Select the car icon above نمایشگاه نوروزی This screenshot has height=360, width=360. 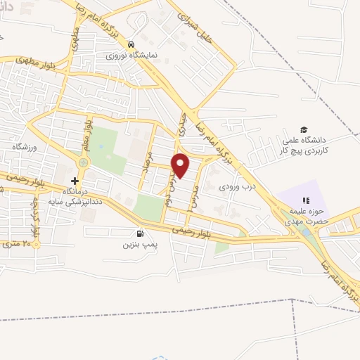[131, 43]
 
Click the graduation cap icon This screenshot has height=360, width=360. [304, 129]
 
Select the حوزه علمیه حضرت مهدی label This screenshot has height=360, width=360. [305, 216]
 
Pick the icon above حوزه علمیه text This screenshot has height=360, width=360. [305, 202]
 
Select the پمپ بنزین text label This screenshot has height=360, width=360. [138, 245]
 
